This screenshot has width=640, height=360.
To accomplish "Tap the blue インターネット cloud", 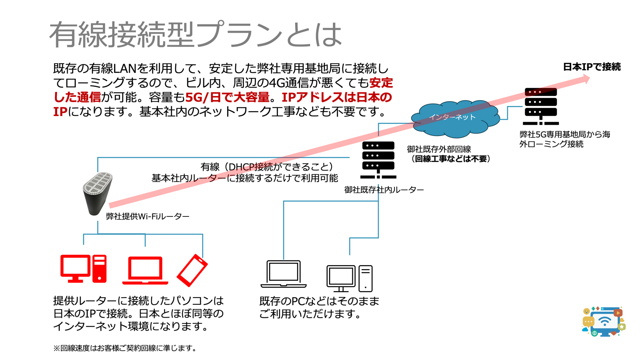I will (x=455, y=118).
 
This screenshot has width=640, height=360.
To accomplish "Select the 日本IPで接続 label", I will (x=592, y=67).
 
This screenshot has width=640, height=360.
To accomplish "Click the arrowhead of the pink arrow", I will (x=586, y=79).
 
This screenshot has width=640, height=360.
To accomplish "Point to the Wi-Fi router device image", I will (x=97, y=193).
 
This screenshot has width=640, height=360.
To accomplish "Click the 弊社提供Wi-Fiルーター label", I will (x=148, y=216).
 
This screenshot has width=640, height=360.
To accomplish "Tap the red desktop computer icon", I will (x=83, y=268).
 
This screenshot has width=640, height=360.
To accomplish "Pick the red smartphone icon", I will (x=192, y=270).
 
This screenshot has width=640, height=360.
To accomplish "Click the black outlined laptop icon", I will (x=284, y=274).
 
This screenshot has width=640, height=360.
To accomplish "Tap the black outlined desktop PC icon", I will (x=349, y=278).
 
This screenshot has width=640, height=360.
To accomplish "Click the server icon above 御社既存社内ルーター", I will (x=378, y=160).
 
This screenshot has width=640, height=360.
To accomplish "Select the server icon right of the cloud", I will (x=540, y=106).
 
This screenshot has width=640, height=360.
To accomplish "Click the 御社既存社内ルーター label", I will (x=384, y=190).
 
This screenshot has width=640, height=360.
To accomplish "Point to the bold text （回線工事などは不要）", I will (x=450, y=159).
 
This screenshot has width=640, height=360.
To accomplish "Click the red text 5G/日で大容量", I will (x=227, y=97).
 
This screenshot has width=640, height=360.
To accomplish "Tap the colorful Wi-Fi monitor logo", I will (x=604, y=321).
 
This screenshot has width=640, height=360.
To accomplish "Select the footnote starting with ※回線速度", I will (x=125, y=348).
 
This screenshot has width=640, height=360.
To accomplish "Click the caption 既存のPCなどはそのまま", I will (x=319, y=301).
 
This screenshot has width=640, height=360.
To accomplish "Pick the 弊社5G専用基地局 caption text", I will (x=564, y=139).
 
